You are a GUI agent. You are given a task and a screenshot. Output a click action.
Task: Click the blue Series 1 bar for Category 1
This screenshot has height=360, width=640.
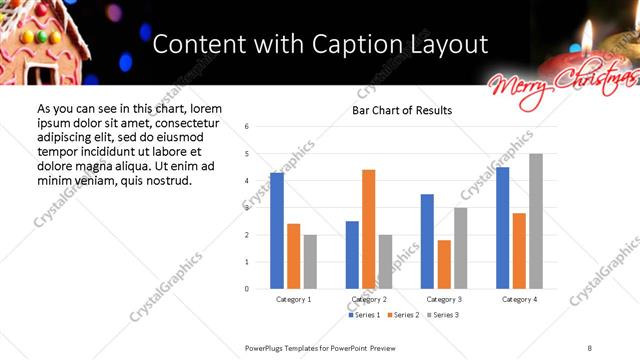tap(277, 231)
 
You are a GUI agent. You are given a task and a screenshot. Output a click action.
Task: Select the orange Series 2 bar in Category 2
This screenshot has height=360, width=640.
tap(368, 229)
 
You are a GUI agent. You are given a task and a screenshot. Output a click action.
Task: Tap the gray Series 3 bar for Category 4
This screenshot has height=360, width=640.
tap(536, 221)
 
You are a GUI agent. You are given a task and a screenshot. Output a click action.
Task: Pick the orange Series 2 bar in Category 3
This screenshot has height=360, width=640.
tap(444, 264)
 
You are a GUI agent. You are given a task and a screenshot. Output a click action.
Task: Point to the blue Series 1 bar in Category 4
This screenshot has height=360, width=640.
tap(502, 228)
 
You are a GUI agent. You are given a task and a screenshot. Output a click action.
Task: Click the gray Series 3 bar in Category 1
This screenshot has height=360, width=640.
tap(310, 262)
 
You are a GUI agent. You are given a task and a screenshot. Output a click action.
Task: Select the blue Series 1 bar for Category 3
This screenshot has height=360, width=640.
tap(427, 241)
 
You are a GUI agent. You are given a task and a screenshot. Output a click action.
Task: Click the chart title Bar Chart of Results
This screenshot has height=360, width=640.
tap(401, 110)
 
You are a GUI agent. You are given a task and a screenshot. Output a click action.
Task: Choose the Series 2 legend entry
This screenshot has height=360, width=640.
tap(403, 315)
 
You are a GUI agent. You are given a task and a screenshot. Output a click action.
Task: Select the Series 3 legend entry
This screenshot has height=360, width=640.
tap(442, 315)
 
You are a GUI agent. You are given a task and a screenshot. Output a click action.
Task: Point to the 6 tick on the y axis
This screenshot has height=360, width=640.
tap(246, 127)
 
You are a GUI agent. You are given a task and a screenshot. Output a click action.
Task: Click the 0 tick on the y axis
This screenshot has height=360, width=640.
tap(246, 289)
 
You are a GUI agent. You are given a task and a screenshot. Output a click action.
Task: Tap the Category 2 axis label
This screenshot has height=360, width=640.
tap(369, 299)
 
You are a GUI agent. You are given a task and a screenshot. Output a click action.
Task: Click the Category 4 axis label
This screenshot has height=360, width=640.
tap(519, 299)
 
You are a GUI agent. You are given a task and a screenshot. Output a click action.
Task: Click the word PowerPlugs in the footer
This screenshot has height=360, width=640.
tap(268, 347)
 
